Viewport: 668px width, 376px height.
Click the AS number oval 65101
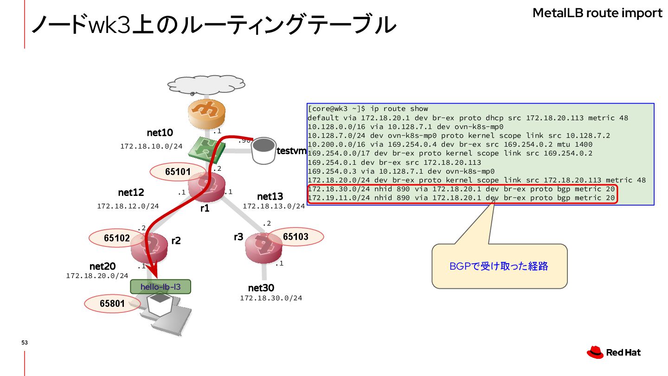coord(178,172)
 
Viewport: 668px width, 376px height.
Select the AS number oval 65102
coord(116,238)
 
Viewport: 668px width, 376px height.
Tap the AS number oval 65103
coord(295,237)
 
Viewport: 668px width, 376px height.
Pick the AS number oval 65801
coord(112,304)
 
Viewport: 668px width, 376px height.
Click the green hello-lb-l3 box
coord(161,286)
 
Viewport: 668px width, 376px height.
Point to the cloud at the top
coord(206,84)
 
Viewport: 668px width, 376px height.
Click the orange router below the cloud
coord(206,113)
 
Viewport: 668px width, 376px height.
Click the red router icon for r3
coord(263,247)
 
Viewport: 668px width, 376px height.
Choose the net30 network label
coord(261,288)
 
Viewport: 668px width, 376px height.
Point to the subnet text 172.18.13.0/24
coord(274,206)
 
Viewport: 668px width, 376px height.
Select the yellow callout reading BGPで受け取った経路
coord(499,266)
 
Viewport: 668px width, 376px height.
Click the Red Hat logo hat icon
coord(595,352)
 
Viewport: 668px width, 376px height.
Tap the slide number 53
coord(25,343)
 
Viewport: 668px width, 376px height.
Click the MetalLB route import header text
coord(597,13)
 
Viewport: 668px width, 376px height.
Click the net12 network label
coord(131,192)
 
